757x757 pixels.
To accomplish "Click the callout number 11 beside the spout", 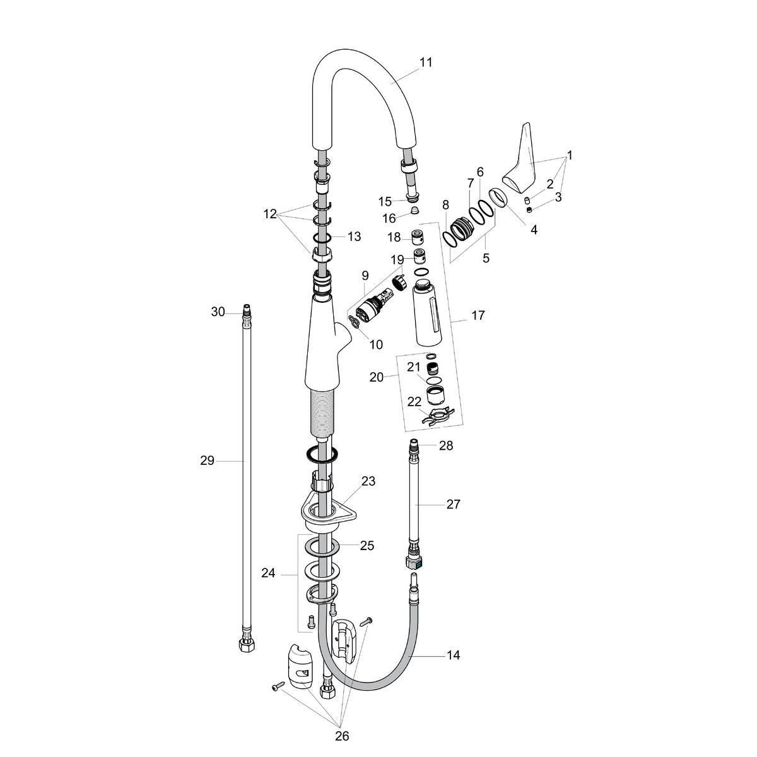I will (x=426, y=62).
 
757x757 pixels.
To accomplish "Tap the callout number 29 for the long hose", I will (x=208, y=461).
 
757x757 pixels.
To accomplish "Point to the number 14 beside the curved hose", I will (x=453, y=655).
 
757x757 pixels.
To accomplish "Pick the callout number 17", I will (x=478, y=315).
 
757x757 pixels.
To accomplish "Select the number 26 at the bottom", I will (x=341, y=736).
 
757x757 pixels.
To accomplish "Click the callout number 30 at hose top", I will (x=218, y=312).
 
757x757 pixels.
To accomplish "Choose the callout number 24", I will (x=269, y=573).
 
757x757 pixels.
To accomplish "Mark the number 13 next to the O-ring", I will (x=354, y=237).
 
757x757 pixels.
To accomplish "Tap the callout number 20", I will (x=376, y=377).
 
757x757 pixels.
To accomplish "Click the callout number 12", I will (x=270, y=214).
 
